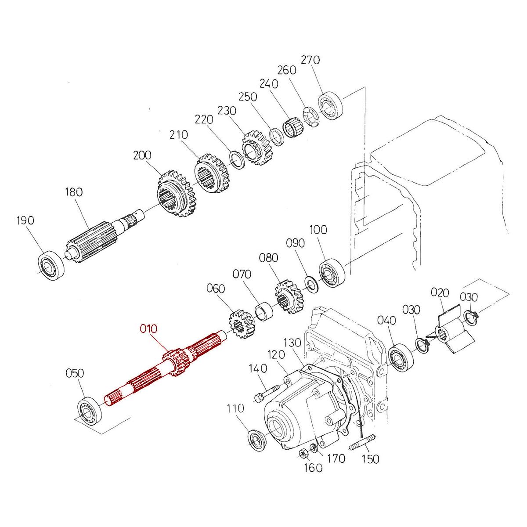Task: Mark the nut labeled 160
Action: (x=303, y=453)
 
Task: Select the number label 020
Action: (x=439, y=292)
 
